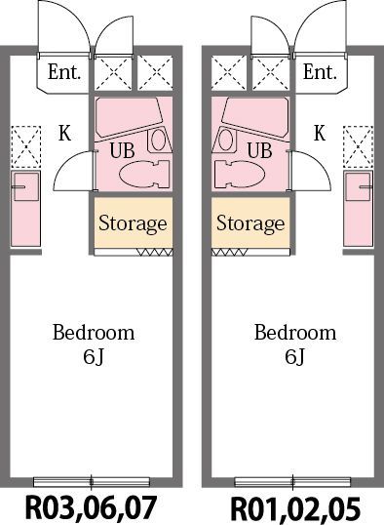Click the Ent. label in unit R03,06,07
(x=64, y=72)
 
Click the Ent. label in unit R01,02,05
(x=320, y=72)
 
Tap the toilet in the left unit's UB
(x=144, y=174)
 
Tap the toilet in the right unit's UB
(x=240, y=174)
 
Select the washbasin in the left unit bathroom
(x=159, y=140)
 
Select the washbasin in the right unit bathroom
(x=225, y=140)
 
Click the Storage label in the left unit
(x=133, y=223)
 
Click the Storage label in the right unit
(x=250, y=223)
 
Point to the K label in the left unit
(x=65, y=133)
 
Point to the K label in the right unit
(x=320, y=133)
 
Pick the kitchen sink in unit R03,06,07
(x=25, y=186)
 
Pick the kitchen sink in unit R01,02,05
(x=359, y=186)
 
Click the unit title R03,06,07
(x=92, y=507)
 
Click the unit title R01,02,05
(x=295, y=509)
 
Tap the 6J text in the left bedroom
(x=94, y=357)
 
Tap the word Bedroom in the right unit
(x=295, y=333)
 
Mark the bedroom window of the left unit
(x=92, y=482)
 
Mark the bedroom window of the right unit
(x=292, y=482)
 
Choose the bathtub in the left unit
(x=129, y=117)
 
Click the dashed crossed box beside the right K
(x=358, y=146)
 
